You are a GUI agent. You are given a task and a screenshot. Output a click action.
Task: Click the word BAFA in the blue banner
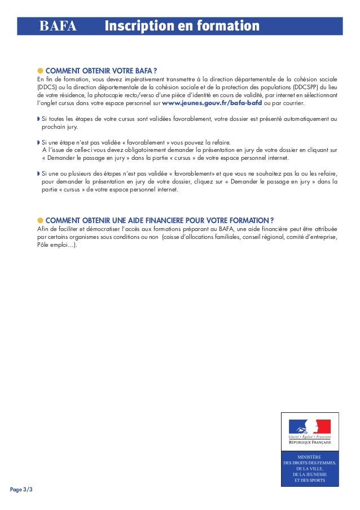pyautogui.click(x=58, y=27)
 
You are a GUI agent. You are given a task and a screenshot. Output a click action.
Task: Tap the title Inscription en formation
pyautogui.click(x=182, y=27)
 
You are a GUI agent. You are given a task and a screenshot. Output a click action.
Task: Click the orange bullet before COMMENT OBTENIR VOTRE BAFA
pyautogui.click(x=40, y=70)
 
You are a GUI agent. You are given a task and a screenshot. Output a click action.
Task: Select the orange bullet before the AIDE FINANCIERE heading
pyautogui.click(x=40, y=220)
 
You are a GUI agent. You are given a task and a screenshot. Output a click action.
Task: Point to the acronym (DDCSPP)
pyautogui.click(x=308, y=88)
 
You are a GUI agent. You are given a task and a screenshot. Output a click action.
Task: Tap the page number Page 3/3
pyautogui.click(x=21, y=489)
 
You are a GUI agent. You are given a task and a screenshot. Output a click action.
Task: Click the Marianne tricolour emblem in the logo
pyautogui.click(x=309, y=426)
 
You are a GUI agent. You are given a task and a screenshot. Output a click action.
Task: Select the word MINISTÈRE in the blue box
pyautogui.click(x=309, y=456)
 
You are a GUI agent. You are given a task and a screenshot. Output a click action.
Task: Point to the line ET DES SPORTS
pyautogui.click(x=309, y=480)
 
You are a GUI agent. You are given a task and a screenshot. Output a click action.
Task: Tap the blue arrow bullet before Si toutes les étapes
pyautogui.click(x=38, y=120)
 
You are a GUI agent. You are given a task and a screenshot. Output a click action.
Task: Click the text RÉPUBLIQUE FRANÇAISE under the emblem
pyautogui.click(x=309, y=442)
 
